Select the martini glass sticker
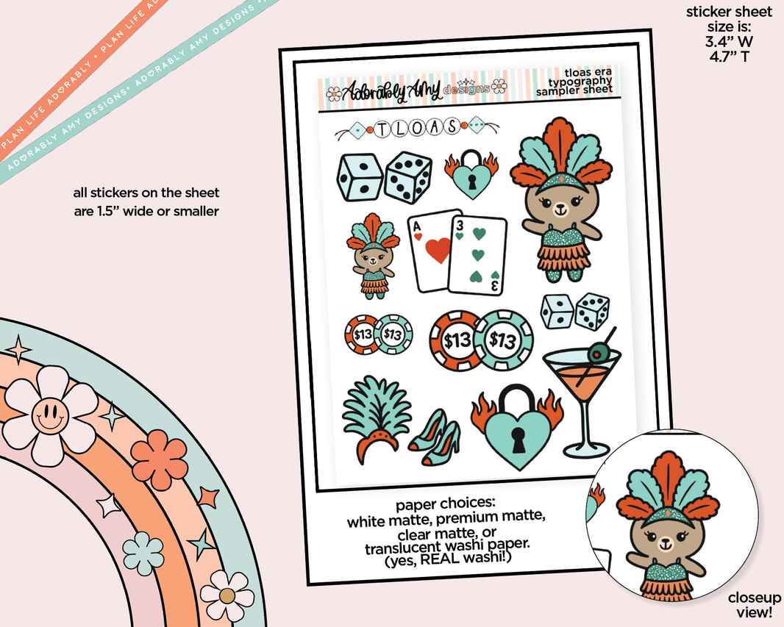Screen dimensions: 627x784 [582, 397]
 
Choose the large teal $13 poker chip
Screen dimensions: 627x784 [503, 340]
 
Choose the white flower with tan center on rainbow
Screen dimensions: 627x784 [227, 594]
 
